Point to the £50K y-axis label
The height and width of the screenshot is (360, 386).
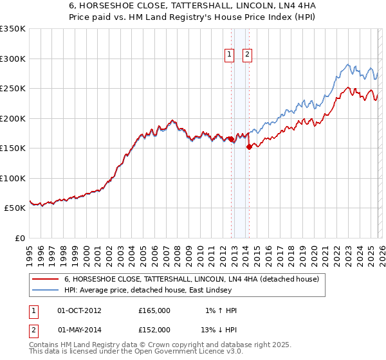pyautogui.click(x=15, y=208)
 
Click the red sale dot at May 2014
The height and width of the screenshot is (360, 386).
pyautogui.click(x=249, y=147)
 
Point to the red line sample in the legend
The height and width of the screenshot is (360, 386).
pyautogui.click(x=46, y=280)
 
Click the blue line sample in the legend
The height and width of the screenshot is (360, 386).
pyautogui.click(x=46, y=291)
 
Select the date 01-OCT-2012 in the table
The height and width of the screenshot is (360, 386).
pyautogui.click(x=79, y=310)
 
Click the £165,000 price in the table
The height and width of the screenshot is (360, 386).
pyautogui.click(x=154, y=310)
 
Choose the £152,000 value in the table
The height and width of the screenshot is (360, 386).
pyautogui.click(x=154, y=329)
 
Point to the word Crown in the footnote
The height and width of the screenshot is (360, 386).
pyautogui.click(x=153, y=345)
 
